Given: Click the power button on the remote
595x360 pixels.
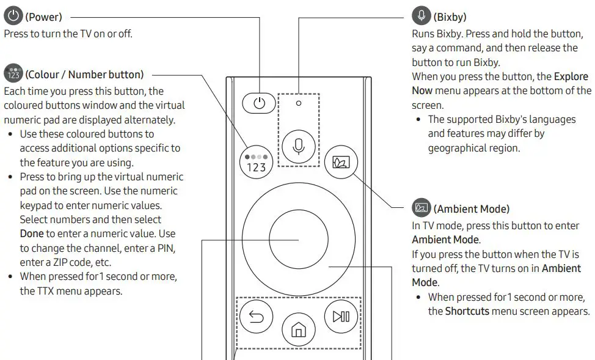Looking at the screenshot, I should click(260, 103).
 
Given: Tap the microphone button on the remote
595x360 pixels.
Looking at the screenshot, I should click(299, 146).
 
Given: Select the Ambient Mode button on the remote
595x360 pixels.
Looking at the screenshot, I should click(337, 162).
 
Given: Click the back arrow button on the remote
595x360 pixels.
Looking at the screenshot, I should click(256, 317).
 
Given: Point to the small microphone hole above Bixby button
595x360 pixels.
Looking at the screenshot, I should click(299, 103).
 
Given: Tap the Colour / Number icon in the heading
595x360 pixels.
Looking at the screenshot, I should click(12, 74).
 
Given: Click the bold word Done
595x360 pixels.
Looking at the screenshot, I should click(32, 233).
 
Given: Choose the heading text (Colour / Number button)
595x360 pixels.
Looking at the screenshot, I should click(84, 75).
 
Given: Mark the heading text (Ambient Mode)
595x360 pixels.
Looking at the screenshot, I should click(471, 209).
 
